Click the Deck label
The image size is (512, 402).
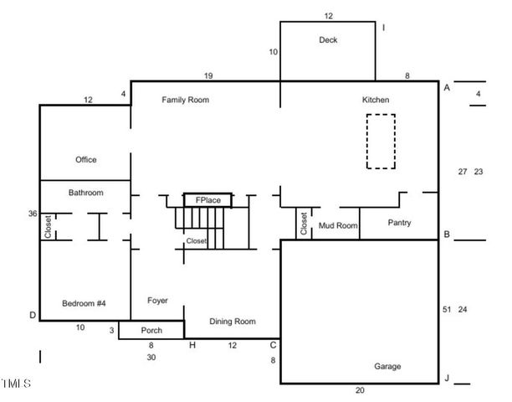327,39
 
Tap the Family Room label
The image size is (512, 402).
185,100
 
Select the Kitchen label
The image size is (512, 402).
375,100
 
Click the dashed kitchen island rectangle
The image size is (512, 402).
381,141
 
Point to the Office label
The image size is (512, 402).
85,159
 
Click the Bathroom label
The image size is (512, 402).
85,193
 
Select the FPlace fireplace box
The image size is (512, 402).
207,200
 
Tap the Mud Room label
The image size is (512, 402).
338,225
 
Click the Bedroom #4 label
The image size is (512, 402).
84,302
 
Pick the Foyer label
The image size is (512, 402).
157,300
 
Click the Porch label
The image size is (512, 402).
151,330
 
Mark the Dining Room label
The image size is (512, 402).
232,321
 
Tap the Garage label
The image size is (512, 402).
387,366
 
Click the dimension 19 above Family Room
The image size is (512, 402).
208,76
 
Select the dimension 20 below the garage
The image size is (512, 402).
360,390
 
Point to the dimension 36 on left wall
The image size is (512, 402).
33,214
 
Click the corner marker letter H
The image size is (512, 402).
192,345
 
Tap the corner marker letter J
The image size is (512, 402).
447,379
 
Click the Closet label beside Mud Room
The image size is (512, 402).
303,223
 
